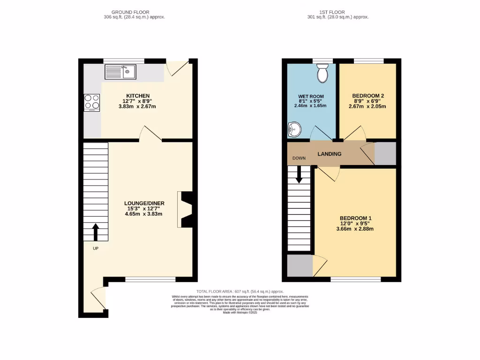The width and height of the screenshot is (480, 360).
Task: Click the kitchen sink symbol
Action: [120, 72]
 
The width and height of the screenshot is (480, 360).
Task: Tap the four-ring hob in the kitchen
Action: [92, 101]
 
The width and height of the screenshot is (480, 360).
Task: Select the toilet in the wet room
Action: [322, 73]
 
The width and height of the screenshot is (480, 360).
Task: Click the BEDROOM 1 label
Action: [355, 218]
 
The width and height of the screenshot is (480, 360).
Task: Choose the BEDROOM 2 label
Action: [367, 96]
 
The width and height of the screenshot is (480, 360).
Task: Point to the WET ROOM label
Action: [311, 97]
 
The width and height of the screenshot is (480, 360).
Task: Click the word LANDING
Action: [330, 154]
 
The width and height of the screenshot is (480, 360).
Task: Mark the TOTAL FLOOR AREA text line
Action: [240, 291]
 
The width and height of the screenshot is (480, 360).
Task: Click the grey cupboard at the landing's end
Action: [385, 154]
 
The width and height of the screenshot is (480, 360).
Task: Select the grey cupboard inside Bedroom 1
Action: [300, 266]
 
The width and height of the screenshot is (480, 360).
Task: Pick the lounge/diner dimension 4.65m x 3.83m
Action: [143, 214]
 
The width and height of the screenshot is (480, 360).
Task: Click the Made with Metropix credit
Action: [240, 312]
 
